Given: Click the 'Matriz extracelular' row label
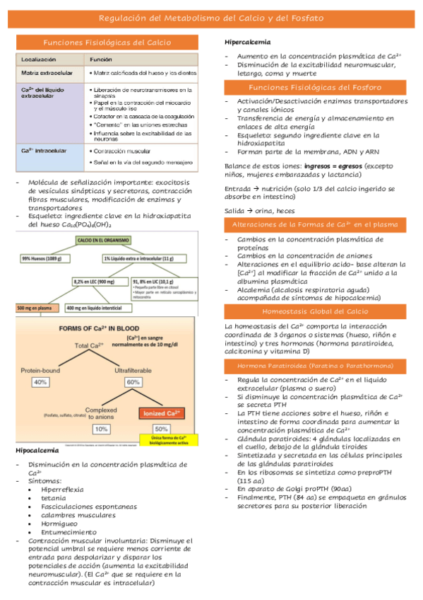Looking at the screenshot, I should tap(45, 73).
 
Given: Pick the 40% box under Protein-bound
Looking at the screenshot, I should tap(40, 382).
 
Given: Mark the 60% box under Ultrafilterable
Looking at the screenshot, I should tap(132, 382).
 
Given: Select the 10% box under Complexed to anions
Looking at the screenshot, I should tap(101, 429).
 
